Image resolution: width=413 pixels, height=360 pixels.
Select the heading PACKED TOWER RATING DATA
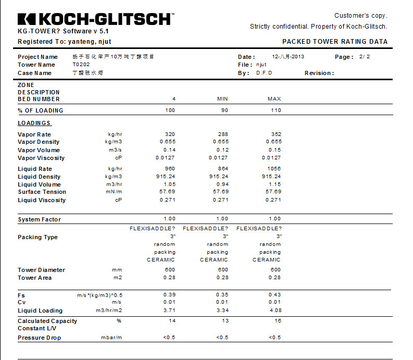[335, 42]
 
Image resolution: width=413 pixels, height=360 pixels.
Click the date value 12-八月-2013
[288, 56]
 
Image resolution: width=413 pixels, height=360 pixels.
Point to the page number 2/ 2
[365, 56]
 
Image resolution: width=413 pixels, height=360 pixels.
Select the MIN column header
[222, 99]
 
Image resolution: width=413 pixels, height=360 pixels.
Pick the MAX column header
[274, 99]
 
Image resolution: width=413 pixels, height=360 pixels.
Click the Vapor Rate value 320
[170, 134]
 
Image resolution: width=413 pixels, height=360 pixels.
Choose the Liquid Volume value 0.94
[222, 184]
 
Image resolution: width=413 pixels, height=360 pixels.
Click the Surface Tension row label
[42, 192]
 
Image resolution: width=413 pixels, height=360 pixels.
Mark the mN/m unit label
[115, 192]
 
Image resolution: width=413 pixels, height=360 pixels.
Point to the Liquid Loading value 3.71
[170, 311]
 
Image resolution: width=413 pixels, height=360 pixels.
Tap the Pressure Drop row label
[39, 338]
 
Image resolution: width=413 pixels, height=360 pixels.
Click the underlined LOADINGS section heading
[34, 123]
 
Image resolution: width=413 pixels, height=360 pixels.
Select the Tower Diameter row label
[41, 270]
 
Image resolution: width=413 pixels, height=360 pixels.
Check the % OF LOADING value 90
[224, 110]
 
